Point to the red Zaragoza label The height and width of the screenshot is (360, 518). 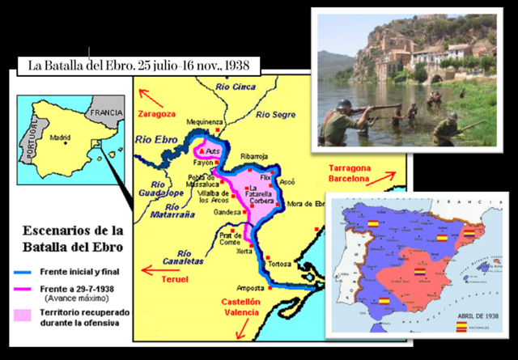click(x=158, y=112)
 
